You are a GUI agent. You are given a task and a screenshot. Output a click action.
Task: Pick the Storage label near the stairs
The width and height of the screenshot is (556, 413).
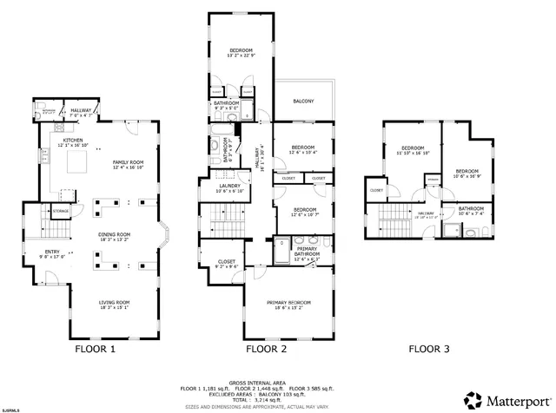(x=61, y=210)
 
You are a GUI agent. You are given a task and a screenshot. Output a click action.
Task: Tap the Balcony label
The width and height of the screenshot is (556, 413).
(x=303, y=102)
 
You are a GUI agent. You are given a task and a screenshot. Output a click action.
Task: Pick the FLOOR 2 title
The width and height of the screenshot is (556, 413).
(x=266, y=349)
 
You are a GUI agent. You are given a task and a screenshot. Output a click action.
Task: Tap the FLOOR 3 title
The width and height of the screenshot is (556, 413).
(x=429, y=349)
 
